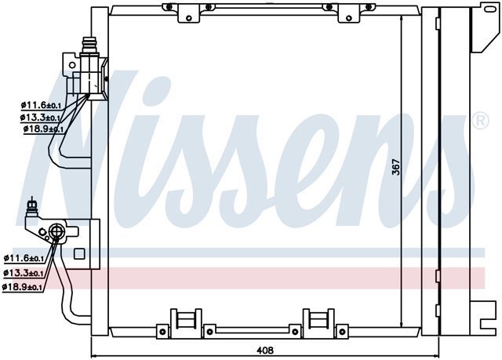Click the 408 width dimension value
pos(265,351)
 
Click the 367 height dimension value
pos(396,167)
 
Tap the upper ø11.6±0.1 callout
pos(41,105)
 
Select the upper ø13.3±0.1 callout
pos(40,118)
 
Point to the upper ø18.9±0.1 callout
pos(44,129)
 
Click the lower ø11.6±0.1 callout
pos(24,257)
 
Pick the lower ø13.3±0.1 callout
pos(23,273)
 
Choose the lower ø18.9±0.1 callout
pos(22,287)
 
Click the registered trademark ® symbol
pos(481,121)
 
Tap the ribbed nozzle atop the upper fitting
pos(89,45)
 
